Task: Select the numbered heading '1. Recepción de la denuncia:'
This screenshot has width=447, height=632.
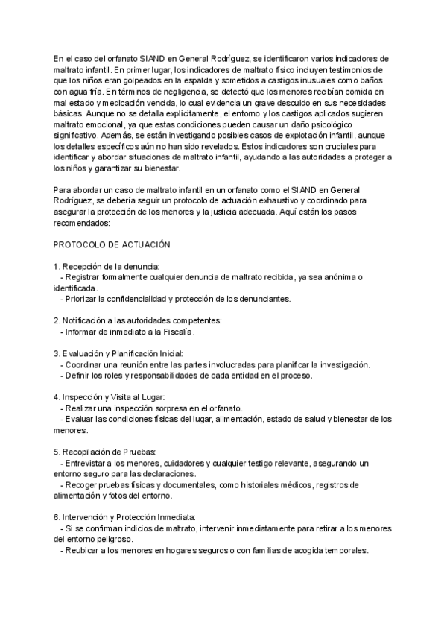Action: pyautogui.click(x=101, y=267)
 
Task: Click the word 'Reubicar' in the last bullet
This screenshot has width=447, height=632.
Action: pyautogui.click(x=82, y=551)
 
